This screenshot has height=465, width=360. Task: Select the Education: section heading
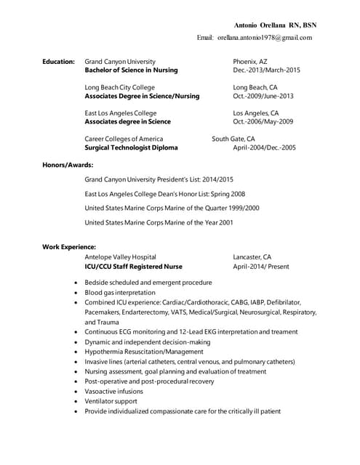[58, 62]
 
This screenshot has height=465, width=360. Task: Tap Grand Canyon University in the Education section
[120, 62]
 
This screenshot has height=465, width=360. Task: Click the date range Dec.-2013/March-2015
[266, 71]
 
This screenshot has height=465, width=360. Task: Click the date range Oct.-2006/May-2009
[263, 122]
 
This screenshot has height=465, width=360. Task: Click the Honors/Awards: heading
[68, 165]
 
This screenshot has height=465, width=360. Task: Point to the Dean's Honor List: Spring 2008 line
[164, 194]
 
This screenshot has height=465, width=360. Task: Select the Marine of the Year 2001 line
[159, 222]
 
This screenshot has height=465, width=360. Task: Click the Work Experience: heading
[69, 248]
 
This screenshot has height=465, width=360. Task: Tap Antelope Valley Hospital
[120, 257]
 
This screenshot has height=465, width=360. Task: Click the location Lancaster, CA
[252, 257]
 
